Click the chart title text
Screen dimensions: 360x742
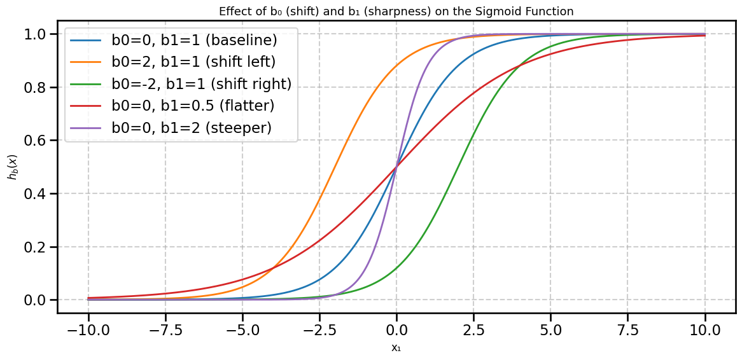pyautogui.click(x=396, y=11)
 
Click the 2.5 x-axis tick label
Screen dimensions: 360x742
pyautogui.click(x=473, y=331)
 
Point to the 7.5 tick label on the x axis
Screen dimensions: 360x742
pyautogui.click(x=627, y=331)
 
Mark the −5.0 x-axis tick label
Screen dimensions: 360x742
pyautogui.click(x=242, y=331)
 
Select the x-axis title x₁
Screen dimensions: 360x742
pyautogui.click(x=396, y=348)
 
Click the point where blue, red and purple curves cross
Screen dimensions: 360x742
pyautogui.click(x=396, y=167)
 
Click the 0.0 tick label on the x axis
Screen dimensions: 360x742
pyautogui.click(x=396, y=331)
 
